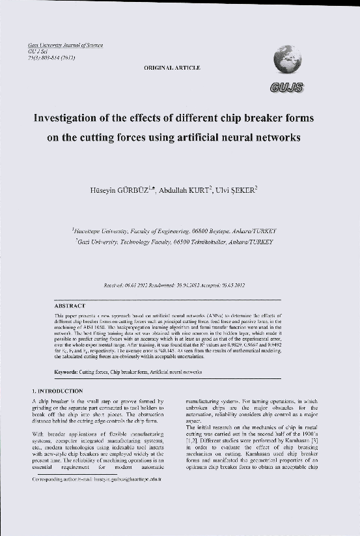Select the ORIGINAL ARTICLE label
173,67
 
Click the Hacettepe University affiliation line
174,231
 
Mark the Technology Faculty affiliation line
174,241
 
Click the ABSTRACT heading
69,305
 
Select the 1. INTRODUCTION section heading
57,390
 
